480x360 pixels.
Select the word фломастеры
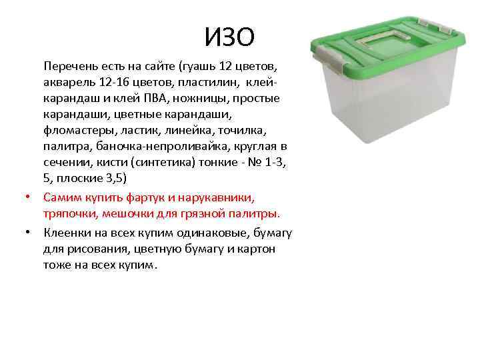(x=76, y=130)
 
